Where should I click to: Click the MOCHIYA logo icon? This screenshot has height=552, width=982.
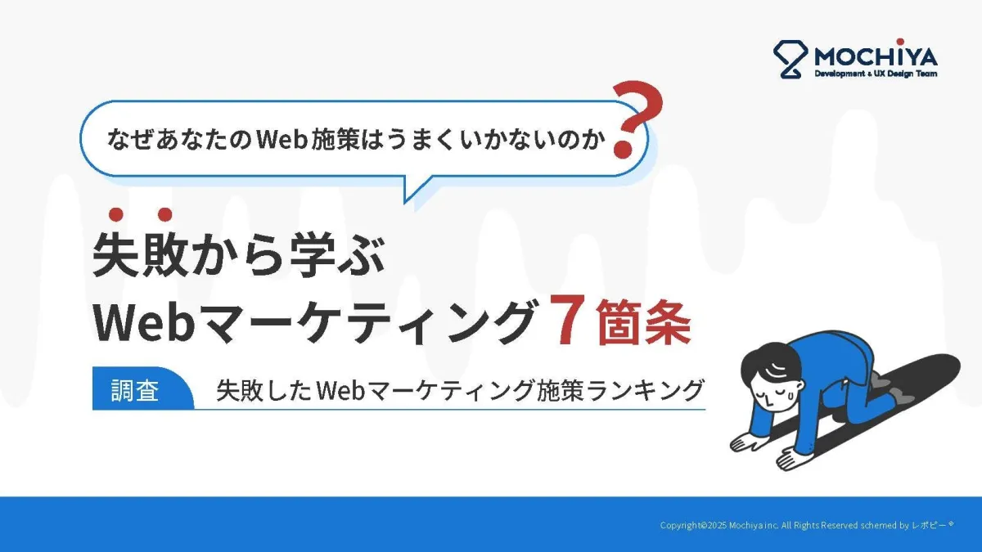coord(790,59)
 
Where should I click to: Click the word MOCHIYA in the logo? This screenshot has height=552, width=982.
coord(876,56)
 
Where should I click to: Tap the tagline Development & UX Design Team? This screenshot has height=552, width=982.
coord(876,74)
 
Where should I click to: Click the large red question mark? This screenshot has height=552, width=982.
coord(636,119)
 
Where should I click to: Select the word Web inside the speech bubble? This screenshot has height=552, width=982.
coord(281,140)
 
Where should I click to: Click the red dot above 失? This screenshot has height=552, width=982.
coord(115,214)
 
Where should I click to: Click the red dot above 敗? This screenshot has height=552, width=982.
coord(164,214)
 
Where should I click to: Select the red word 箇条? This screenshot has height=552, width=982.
coord(643,322)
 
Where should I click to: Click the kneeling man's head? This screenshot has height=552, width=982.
coord(772,381)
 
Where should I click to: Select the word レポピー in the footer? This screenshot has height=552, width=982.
coord(930,525)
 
